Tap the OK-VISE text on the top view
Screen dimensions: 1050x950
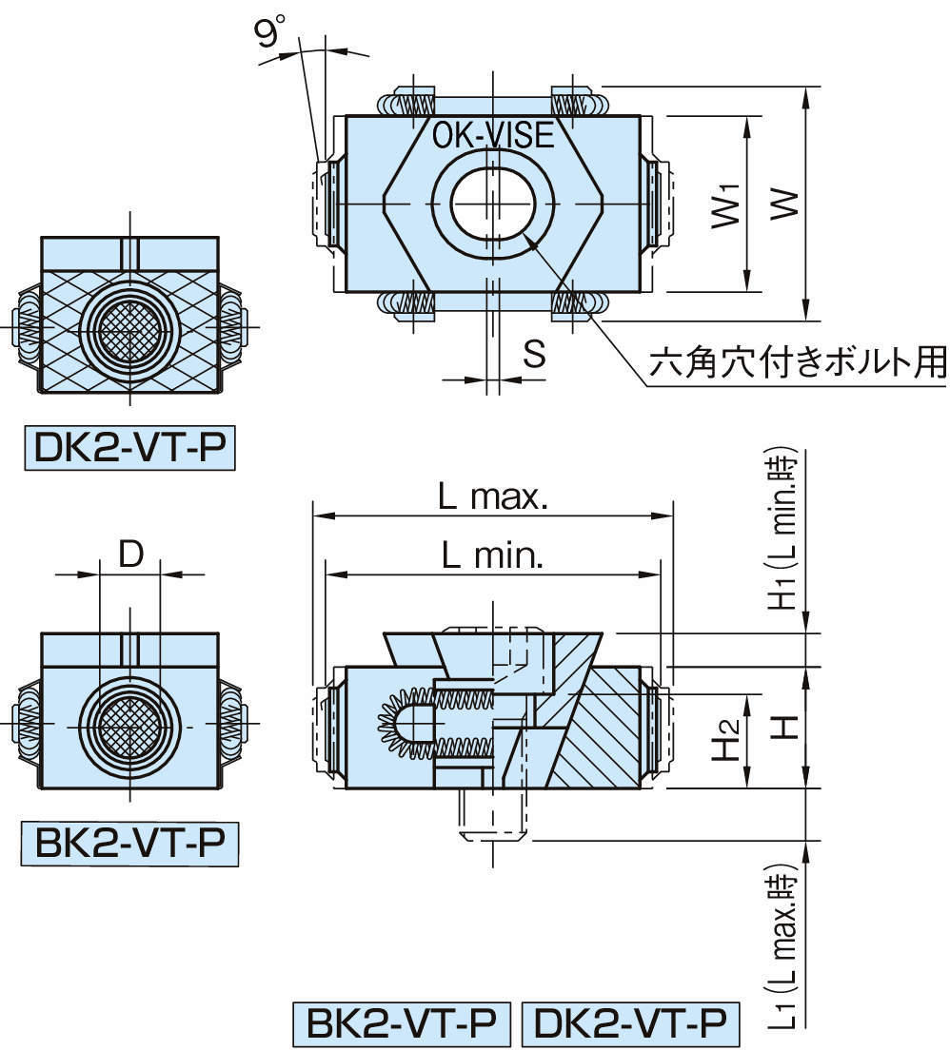coord(492,136)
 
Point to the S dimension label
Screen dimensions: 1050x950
coord(534,354)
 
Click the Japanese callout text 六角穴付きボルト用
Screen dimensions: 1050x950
coord(798,361)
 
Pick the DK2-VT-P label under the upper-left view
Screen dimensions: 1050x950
coord(130,450)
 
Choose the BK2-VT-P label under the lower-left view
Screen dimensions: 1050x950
coord(129,843)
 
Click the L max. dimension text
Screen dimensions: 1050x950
coord(491,496)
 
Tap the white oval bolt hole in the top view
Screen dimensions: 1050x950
coord(492,204)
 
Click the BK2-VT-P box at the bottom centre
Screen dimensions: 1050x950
coord(403,1024)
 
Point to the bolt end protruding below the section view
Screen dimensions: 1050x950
coord(492,816)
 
